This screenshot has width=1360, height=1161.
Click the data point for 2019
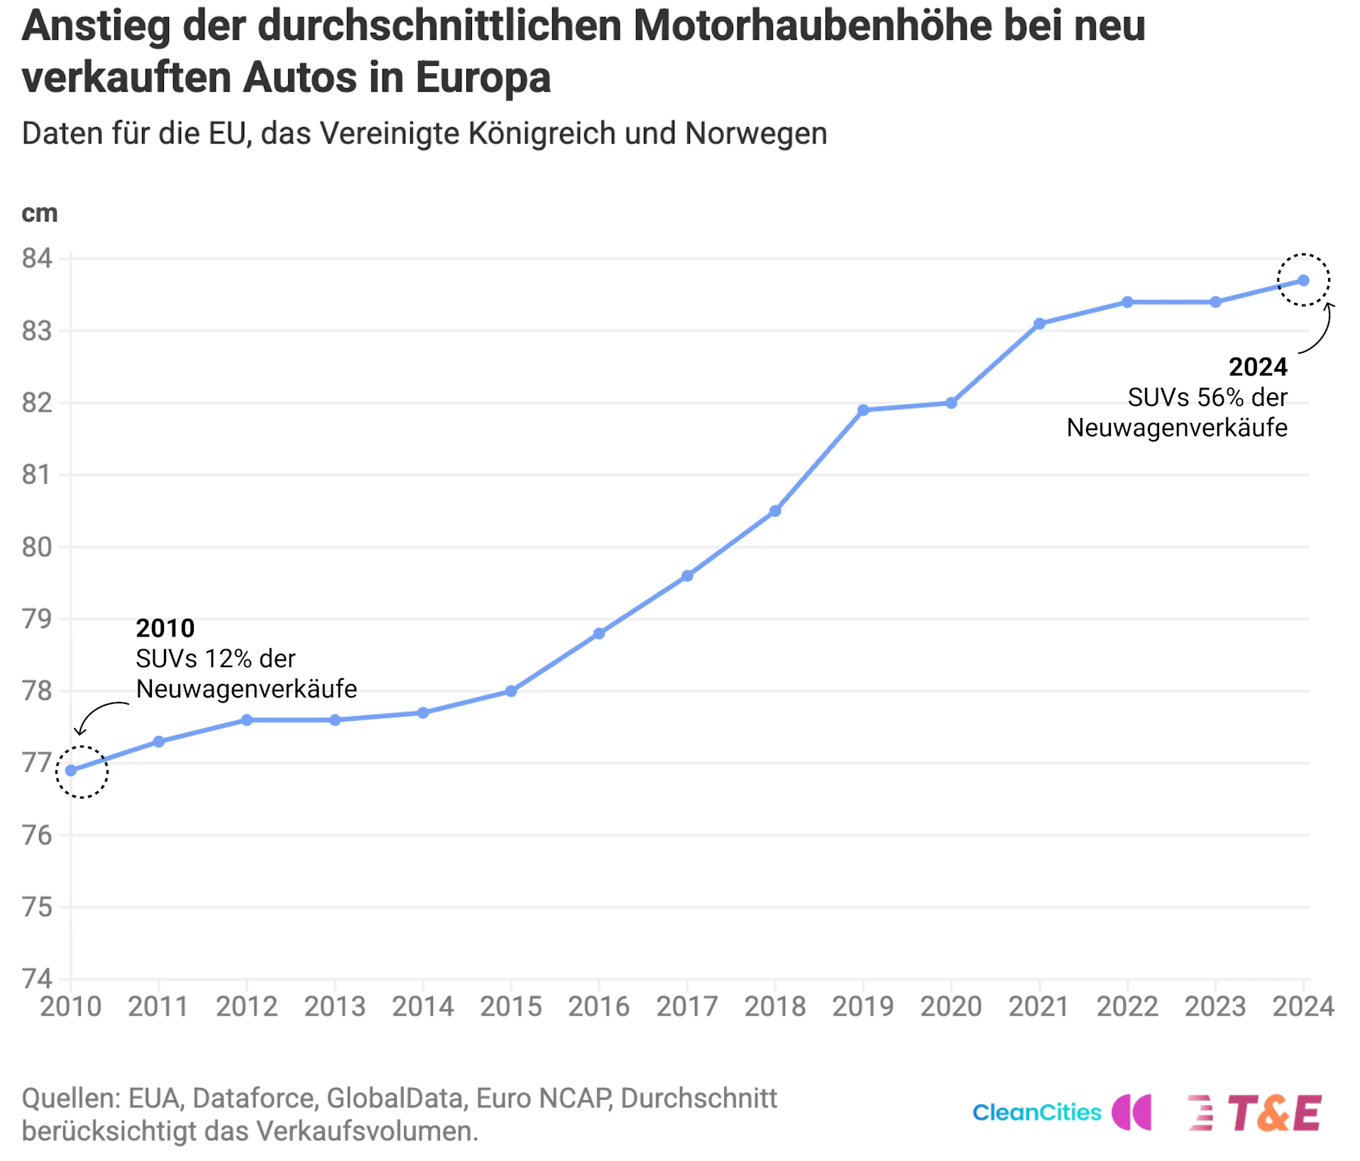(x=863, y=410)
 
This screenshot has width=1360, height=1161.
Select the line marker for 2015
(x=511, y=691)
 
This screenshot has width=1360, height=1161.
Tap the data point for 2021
(x=1039, y=324)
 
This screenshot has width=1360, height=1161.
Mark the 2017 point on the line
(x=687, y=576)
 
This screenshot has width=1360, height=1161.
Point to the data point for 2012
(x=247, y=720)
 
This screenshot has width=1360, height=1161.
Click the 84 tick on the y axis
(x=37, y=258)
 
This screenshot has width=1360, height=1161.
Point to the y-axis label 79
(x=37, y=619)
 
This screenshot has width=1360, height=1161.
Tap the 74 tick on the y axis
(x=37, y=979)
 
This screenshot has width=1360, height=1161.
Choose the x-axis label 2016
(x=599, y=1007)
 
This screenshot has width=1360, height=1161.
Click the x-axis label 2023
(x=1215, y=1007)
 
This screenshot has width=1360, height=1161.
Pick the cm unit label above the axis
(x=40, y=213)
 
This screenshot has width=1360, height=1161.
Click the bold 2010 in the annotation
(x=165, y=628)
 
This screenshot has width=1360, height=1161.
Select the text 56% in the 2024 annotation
(x=1220, y=397)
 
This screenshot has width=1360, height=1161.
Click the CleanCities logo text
(x=1036, y=1113)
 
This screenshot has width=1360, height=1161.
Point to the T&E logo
(x=1273, y=1113)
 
